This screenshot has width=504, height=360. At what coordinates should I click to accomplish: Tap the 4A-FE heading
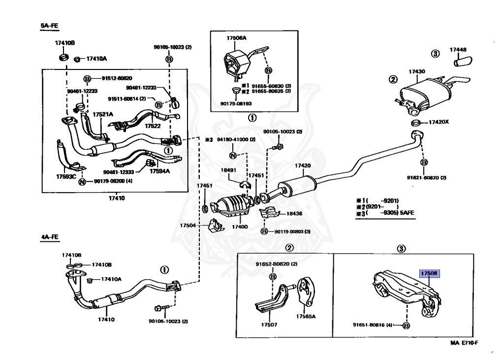tap(49, 237)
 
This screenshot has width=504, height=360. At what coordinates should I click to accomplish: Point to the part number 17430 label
tap(416, 71)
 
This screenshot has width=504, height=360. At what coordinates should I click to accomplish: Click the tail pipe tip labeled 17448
tap(463, 62)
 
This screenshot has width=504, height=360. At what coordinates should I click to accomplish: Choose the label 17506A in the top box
tap(236, 38)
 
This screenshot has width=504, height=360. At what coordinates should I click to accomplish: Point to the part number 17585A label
tap(306, 316)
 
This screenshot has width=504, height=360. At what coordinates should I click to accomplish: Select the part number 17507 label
tap(270, 325)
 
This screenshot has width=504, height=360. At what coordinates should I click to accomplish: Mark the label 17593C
tap(66, 176)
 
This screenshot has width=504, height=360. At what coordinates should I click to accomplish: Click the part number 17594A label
tap(160, 171)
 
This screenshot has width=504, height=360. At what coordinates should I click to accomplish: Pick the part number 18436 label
tap(296, 215)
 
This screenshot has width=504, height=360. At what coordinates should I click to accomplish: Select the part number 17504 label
tap(188, 225)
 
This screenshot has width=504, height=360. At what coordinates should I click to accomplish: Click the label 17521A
tap(103, 114)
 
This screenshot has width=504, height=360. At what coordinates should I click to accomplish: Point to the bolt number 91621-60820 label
tap(426, 178)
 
